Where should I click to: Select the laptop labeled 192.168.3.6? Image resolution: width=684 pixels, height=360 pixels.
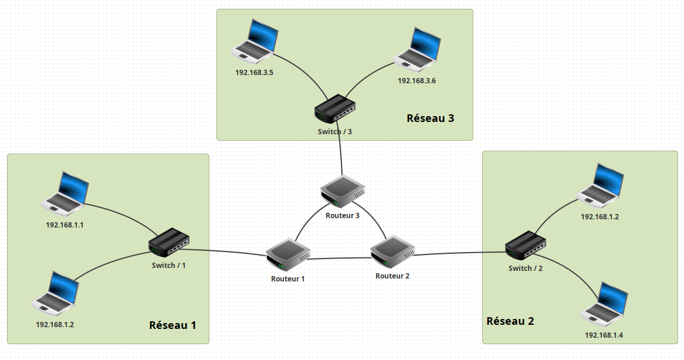[x=417, y=48]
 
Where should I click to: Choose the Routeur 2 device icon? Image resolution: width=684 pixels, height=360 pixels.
[x=392, y=253]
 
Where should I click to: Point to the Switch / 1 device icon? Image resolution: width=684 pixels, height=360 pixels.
[x=169, y=242]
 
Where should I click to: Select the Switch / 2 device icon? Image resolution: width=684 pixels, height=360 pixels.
[x=526, y=246]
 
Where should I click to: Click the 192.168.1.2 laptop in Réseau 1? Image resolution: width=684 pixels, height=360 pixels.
[x=56, y=293]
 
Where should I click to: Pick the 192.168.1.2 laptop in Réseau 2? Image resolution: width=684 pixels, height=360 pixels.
[x=601, y=185]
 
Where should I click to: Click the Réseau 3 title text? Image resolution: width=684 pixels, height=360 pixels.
[x=430, y=118]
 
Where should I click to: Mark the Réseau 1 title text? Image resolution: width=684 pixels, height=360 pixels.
[x=172, y=325]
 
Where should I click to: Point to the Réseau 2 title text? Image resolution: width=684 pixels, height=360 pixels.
[x=510, y=321]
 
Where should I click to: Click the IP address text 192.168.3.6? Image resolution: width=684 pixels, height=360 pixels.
[x=417, y=81]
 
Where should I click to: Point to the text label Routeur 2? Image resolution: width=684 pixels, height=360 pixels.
[x=392, y=276]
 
